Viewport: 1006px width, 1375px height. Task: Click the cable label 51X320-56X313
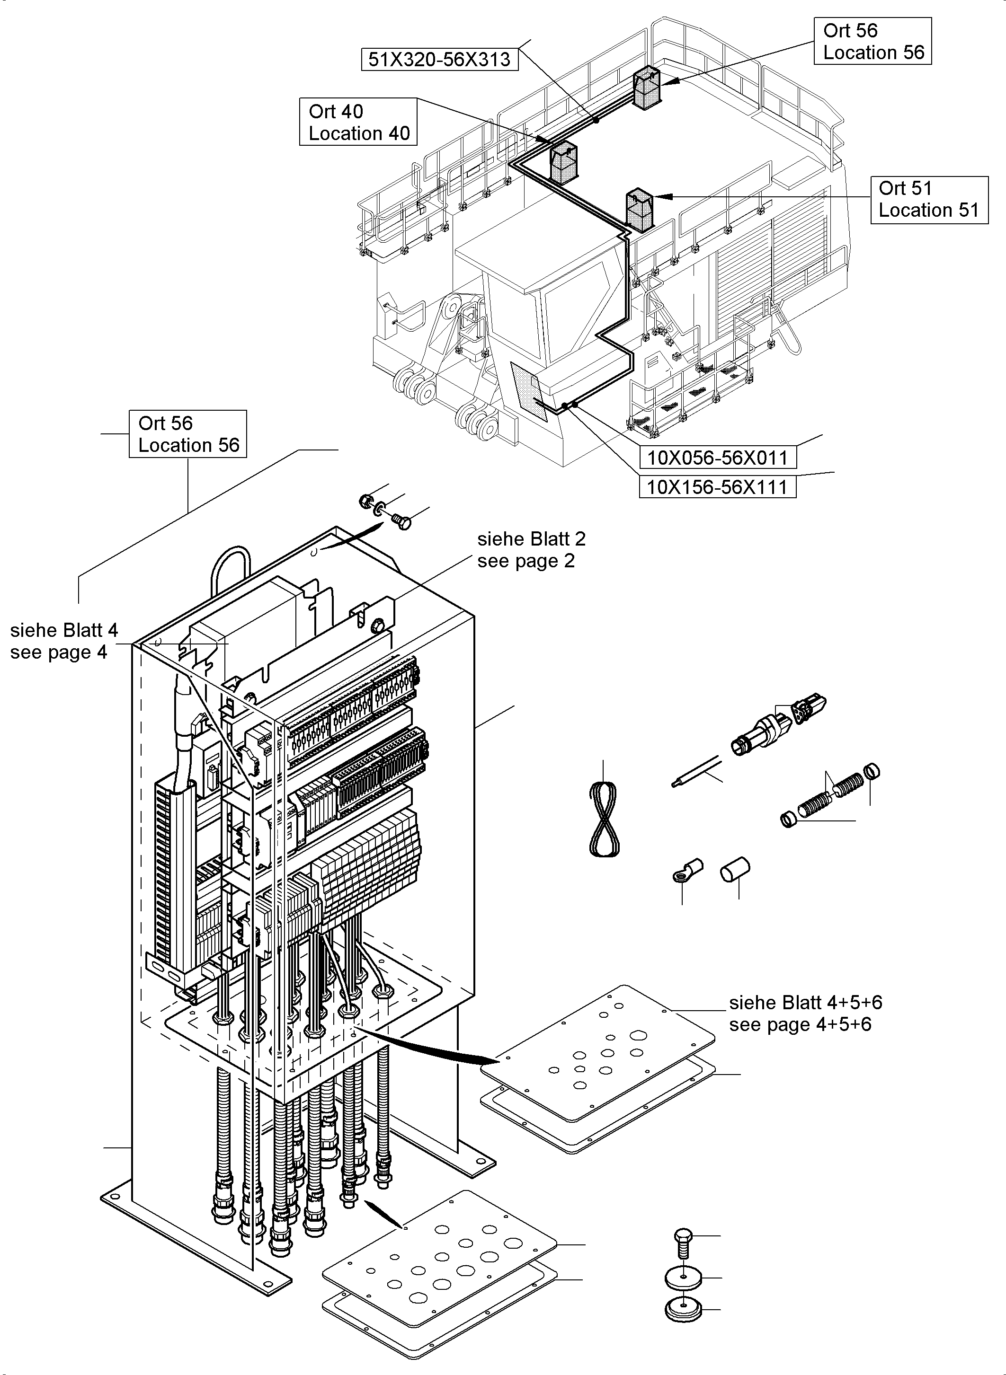click(x=440, y=60)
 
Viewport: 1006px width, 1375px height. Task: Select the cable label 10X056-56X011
click(x=717, y=457)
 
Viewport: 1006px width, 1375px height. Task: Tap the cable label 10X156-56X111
click(x=717, y=487)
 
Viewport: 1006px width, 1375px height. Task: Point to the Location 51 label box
click(x=929, y=200)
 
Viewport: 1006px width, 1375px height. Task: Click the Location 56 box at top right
click(x=872, y=41)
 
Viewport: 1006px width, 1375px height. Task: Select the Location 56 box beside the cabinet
click(x=187, y=434)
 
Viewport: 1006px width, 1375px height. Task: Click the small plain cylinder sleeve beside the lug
click(x=735, y=870)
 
